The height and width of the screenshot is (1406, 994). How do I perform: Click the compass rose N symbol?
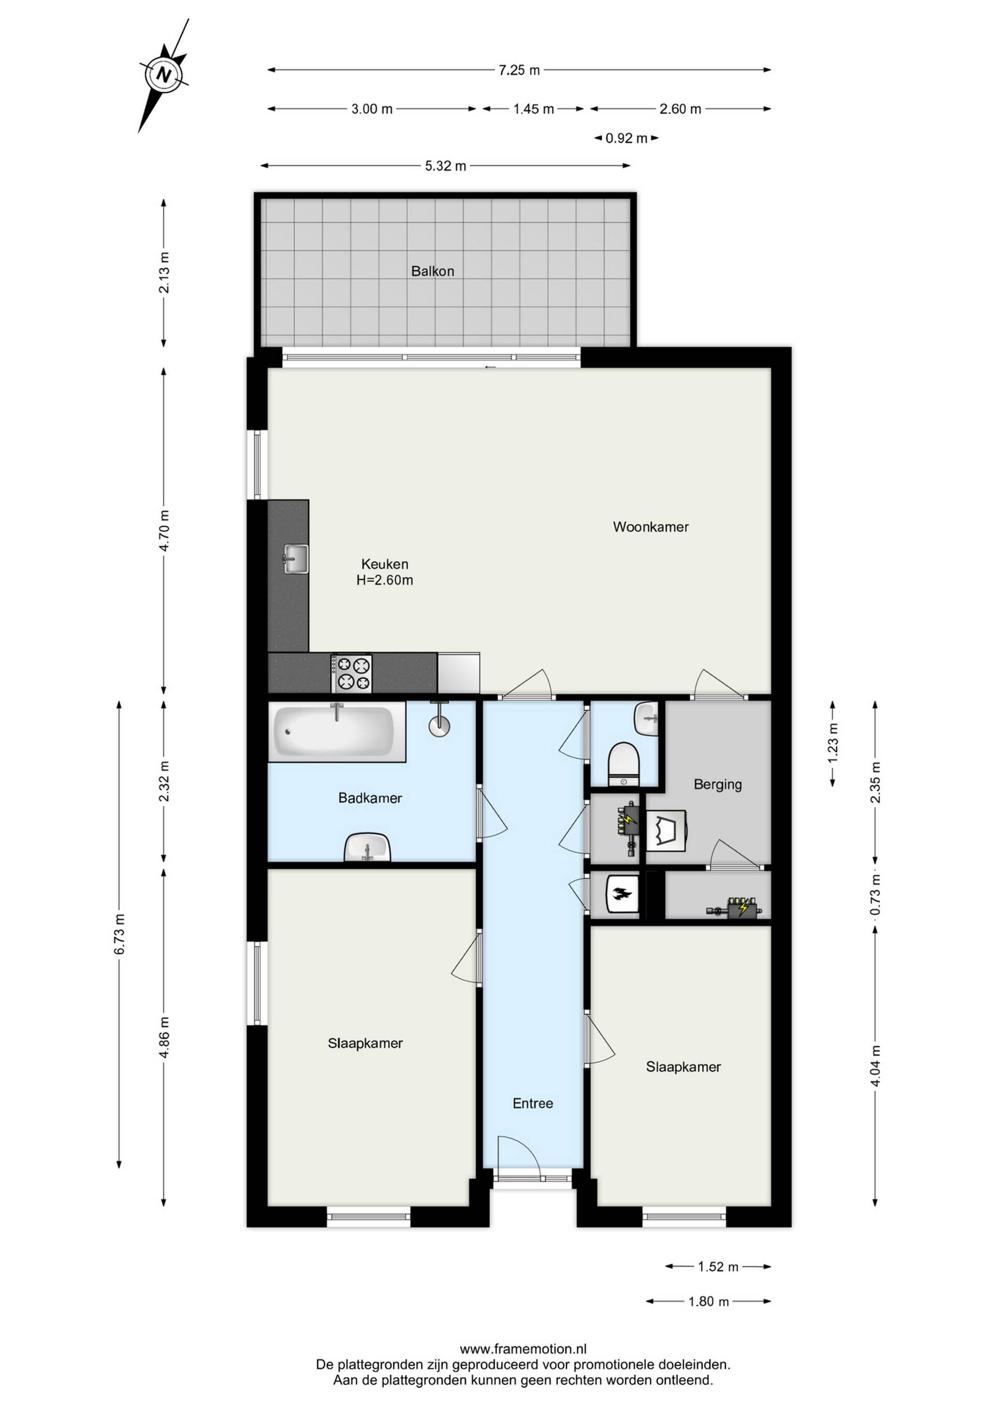pos(164,75)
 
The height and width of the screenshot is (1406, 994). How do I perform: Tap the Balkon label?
pos(433,271)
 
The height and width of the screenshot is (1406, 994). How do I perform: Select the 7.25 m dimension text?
pos(519,70)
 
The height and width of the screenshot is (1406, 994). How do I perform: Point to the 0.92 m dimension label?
pos(626,138)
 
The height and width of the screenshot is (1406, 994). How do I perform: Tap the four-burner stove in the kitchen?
pos(352,673)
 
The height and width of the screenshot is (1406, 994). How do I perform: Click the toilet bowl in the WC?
pos(624,764)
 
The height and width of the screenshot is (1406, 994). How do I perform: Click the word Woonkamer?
pos(651,527)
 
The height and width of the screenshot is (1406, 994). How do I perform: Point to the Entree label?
pos(533,1103)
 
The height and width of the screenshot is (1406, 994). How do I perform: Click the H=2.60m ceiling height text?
pos(384,580)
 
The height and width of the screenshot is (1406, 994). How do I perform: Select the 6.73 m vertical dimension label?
pos(120,934)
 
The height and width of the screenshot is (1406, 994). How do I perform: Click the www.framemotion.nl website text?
pos(523,1348)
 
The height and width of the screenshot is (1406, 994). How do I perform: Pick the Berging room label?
pos(718,785)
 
